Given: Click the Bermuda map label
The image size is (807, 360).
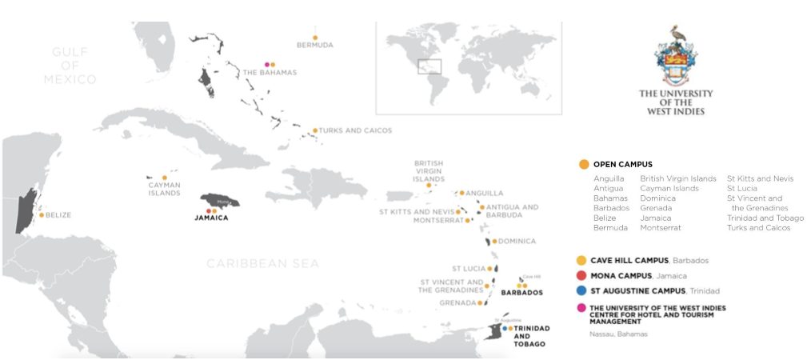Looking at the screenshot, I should [314, 46].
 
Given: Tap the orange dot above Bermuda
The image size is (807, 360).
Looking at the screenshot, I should [315, 37].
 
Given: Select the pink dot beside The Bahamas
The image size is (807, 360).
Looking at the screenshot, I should [266, 64].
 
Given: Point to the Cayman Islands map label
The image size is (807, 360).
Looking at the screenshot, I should [164, 189].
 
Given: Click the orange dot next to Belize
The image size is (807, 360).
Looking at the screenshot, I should [42, 214].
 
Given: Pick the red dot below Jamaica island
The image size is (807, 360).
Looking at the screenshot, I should [209, 211].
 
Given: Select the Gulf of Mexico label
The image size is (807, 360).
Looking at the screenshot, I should [70, 66].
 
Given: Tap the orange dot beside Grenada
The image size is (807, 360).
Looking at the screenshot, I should [480, 304].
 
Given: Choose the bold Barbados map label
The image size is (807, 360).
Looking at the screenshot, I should [521, 293].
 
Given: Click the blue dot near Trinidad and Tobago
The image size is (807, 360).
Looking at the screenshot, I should [505, 328].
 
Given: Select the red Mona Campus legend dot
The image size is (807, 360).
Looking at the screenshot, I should [581, 275].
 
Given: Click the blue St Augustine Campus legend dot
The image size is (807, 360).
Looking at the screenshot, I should [581, 290].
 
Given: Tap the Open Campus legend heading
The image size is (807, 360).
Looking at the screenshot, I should [622, 164].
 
